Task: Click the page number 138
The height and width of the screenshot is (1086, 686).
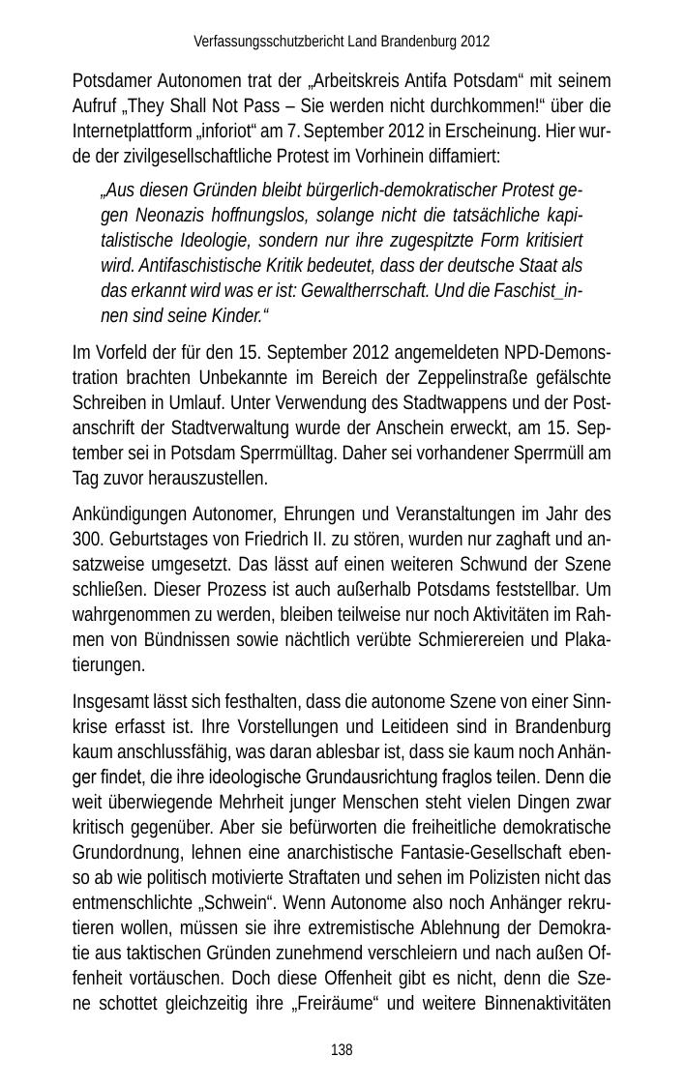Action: [x=342, y=1050]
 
